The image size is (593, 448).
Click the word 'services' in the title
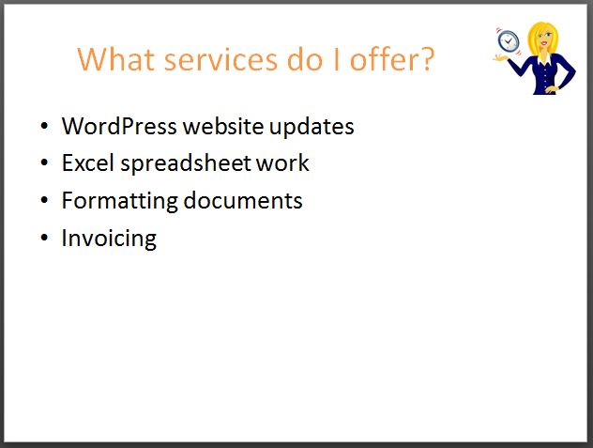[x=220, y=60]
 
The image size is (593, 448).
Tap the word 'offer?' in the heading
[x=392, y=59]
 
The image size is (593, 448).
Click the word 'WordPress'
[x=119, y=126]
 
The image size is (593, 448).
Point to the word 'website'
[x=223, y=126]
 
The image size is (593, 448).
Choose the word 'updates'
[x=312, y=127]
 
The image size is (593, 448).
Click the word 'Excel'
[x=88, y=162]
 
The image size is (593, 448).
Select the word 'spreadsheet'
[x=186, y=163]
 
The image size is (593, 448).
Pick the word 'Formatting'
[x=119, y=201]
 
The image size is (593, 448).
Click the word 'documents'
[x=243, y=200]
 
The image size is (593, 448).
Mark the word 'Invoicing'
[x=109, y=239]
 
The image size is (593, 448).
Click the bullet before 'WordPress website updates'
[x=44, y=126]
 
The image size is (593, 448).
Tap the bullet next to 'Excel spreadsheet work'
[x=44, y=162]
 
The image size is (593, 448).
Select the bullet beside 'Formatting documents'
[x=44, y=200]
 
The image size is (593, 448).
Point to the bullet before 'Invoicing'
[x=44, y=238]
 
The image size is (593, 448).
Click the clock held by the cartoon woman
[x=508, y=40]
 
